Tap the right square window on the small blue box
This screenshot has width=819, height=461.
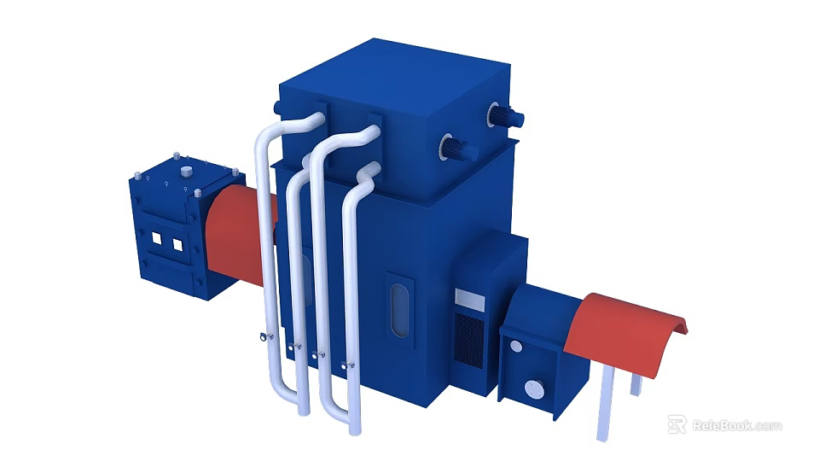pyautogui.click(x=177, y=245)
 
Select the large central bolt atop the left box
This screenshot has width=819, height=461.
pyautogui.click(x=185, y=172)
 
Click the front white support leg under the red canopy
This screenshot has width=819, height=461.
pyautogui.click(x=605, y=402)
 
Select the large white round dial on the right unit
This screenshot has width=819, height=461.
pyautogui.click(x=535, y=390)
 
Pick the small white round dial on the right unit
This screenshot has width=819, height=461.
pyautogui.click(x=515, y=347)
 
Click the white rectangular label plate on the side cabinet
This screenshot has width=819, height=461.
pyautogui.click(x=469, y=300)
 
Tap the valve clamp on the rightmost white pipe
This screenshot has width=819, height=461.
pyautogui.click(x=348, y=365)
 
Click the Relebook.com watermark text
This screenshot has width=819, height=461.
pyautogui.click(x=735, y=425)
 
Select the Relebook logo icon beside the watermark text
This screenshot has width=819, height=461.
pyautogui.click(x=677, y=424)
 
